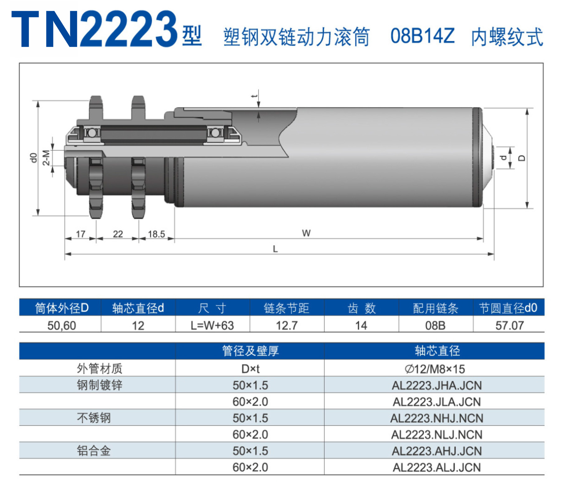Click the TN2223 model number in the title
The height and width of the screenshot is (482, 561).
pyautogui.click(x=94, y=29)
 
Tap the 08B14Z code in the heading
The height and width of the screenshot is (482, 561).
pyautogui.click(x=423, y=36)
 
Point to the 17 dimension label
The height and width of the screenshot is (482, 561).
pyautogui.click(x=81, y=234)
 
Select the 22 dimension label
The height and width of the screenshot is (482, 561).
pyautogui.click(x=118, y=234)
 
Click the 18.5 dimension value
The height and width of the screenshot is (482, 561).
pyautogui.click(x=157, y=234)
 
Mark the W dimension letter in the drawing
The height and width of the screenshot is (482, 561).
pyautogui.click(x=306, y=233)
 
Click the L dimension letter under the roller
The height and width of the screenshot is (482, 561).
pyautogui.click(x=275, y=249)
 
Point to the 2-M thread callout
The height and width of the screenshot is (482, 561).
pyautogui.click(x=46, y=158)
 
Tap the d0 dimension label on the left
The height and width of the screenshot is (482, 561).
pyautogui.click(x=33, y=158)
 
